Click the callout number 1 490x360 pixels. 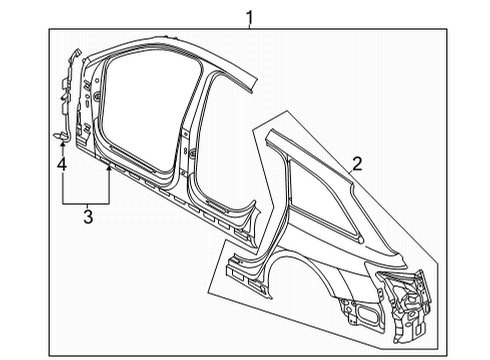(249, 18)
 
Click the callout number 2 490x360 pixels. (357, 164)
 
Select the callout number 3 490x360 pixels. (88, 217)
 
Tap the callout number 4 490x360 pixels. (62, 165)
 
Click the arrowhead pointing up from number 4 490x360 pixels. (62, 144)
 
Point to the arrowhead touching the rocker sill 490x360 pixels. (108, 168)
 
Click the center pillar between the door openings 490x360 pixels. (187, 140)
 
